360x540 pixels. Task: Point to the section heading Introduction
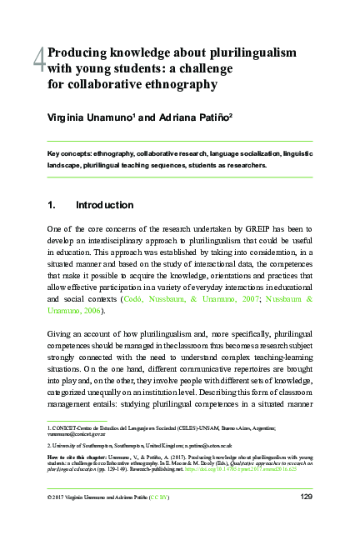[x=104, y=205]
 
